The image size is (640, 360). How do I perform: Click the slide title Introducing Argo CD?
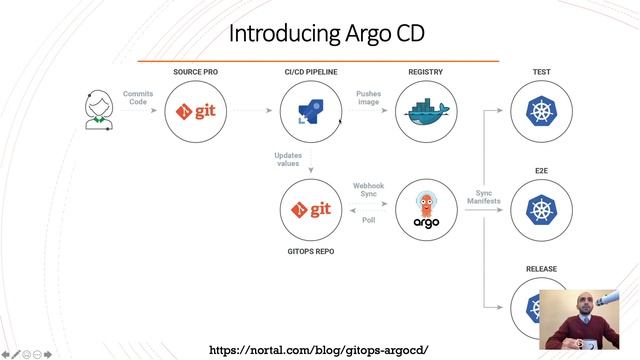pos(327,33)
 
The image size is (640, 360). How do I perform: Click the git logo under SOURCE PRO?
pos(195,111)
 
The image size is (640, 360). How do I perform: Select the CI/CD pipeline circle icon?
pos(310,112)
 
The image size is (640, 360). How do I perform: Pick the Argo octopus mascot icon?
pos(426,209)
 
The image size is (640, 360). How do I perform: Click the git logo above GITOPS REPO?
pos(310,209)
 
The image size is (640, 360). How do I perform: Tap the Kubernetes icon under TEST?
pos(541,112)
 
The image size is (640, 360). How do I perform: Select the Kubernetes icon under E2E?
pos(541,209)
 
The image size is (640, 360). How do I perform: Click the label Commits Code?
pos(138,97)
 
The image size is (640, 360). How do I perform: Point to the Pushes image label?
pos(368,98)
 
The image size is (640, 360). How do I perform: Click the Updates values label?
pos(287,159)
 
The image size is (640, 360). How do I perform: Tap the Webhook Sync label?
pos(369,190)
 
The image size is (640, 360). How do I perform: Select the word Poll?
pos(369,219)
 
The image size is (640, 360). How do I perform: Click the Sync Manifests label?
pos(483,196)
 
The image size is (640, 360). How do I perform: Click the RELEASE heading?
pos(541,269)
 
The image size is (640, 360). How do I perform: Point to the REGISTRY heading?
pos(426,73)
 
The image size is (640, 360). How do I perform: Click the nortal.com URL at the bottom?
pos(318,349)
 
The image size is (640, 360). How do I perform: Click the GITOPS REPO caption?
pos(310,251)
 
